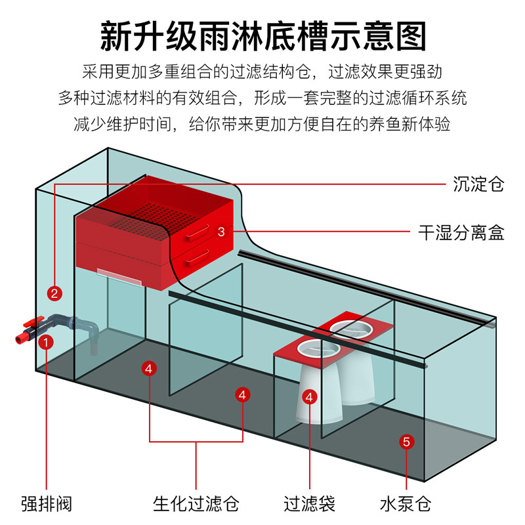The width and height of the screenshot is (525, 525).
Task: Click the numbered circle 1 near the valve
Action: tap(46, 342)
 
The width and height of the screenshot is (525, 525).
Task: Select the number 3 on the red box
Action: tap(221, 231)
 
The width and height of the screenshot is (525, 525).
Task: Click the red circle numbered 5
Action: tap(406, 442)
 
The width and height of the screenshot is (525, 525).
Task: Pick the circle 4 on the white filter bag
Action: tap(310, 396)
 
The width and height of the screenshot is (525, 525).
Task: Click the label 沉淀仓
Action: tap(478, 184)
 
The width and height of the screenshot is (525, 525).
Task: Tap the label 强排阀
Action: tap(46, 504)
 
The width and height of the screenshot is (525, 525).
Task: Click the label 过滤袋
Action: tap(310, 504)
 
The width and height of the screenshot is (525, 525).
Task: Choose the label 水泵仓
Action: tap(406, 504)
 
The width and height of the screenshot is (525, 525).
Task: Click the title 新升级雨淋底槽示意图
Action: tap(262, 36)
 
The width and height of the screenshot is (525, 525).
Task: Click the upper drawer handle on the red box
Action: tap(196, 231)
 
